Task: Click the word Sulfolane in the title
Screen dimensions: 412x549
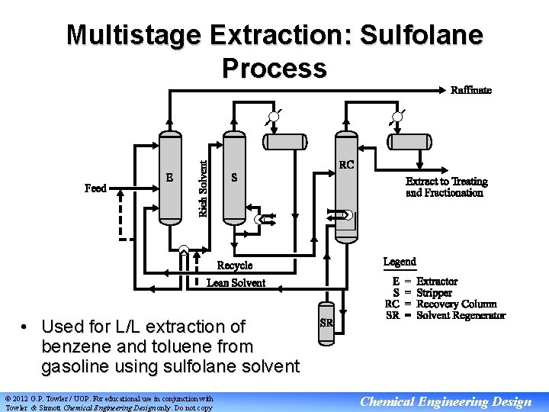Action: click(421, 35)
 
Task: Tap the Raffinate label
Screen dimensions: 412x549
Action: click(471, 90)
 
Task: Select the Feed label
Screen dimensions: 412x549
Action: click(95, 187)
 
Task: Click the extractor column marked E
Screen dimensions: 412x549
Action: click(170, 178)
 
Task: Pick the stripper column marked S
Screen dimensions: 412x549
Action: click(234, 178)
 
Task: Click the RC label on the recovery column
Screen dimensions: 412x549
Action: click(346, 164)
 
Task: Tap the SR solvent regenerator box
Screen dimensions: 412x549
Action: click(326, 322)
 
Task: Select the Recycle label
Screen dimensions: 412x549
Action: click(235, 266)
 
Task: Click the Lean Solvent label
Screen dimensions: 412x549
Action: click(236, 283)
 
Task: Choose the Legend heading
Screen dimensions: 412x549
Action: click(400, 262)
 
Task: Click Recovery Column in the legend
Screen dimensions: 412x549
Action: click(457, 304)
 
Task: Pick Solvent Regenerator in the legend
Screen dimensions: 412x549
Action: click(461, 315)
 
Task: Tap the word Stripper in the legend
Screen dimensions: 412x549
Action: click(435, 293)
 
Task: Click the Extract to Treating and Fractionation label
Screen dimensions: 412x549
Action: click(446, 187)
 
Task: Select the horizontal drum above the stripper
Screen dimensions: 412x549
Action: click(285, 141)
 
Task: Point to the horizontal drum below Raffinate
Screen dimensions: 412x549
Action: click(410, 141)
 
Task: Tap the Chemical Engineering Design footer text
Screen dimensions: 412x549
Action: click(446, 402)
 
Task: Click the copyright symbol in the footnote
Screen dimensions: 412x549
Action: click(8, 398)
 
